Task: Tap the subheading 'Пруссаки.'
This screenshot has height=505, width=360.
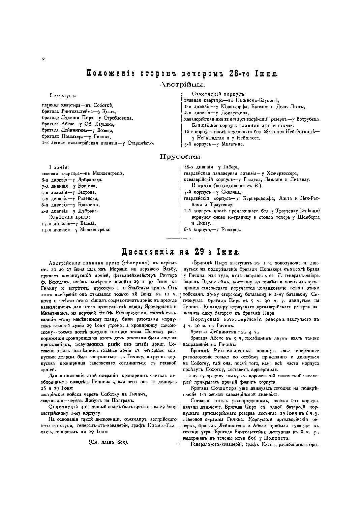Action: tap(181, 156)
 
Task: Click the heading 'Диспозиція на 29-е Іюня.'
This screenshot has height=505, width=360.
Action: tap(180, 251)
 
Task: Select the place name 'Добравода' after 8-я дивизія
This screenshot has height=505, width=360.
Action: tap(90, 180)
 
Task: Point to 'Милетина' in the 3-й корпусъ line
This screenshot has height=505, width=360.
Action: tap(233, 144)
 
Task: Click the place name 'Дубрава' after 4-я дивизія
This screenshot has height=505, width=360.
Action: tap(88, 211)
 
